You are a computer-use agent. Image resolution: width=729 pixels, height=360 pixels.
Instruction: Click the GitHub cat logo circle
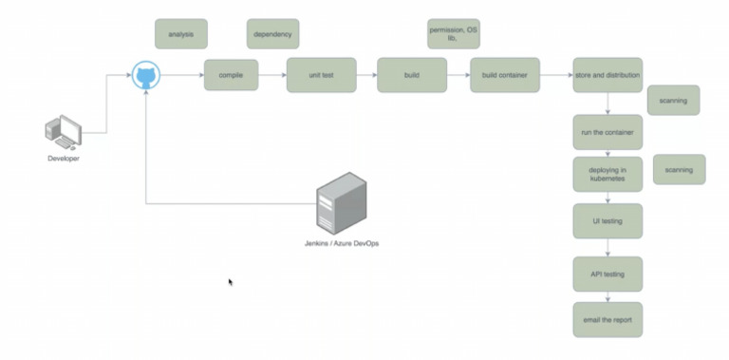pyautogui.click(x=146, y=74)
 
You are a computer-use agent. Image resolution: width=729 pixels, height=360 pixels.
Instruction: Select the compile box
pyautogui.click(x=231, y=74)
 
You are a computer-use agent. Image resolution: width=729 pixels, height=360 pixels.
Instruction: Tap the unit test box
pyautogui.click(x=321, y=74)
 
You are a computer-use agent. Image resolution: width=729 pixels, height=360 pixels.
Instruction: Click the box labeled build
pyautogui.click(x=412, y=74)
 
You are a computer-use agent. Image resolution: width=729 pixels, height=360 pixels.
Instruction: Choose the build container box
pyautogui.click(x=505, y=74)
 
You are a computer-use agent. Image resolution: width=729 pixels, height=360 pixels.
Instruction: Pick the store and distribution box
pyautogui.click(x=607, y=74)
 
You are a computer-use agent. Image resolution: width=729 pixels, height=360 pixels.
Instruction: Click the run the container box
pyautogui.click(x=607, y=132)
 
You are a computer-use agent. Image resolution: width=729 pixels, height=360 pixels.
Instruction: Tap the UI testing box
pyautogui.click(x=607, y=220)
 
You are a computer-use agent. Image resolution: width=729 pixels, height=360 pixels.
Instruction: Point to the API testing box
pyautogui.click(x=607, y=274)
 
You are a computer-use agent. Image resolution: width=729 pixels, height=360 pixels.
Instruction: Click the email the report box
pyautogui.click(x=607, y=319)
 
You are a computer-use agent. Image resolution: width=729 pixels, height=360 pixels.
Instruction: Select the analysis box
pyautogui.click(x=180, y=34)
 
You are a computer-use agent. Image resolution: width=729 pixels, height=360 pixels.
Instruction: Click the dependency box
pyautogui.click(x=272, y=34)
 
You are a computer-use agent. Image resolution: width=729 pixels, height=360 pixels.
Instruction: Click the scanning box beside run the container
pyautogui.click(x=673, y=100)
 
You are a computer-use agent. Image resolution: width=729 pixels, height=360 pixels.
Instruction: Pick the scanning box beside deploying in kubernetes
pyautogui.click(x=680, y=169)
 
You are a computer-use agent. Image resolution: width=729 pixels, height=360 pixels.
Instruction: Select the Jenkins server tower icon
pyautogui.click(x=341, y=203)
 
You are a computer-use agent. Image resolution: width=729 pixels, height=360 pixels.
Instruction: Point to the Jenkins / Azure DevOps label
pyautogui.click(x=341, y=244)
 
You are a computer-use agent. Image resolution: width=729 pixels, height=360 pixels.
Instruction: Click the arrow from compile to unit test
pyautogui.click(x=272, y=74)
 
